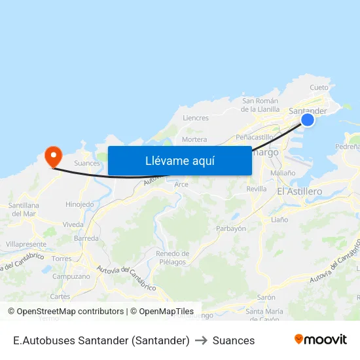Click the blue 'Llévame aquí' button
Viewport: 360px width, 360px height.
pos(179,160)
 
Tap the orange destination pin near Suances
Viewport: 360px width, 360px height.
pos(52,156)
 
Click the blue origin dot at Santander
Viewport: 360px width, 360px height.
pos(307,119)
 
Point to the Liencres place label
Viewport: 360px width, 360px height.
pos(196,118)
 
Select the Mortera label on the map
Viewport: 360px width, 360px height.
pos(194,139)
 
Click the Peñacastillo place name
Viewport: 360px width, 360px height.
pos(255,137)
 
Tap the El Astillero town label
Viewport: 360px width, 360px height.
pos(299,191)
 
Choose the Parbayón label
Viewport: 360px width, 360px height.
pos(231,228)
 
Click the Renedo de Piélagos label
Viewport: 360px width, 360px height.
pos(173,258)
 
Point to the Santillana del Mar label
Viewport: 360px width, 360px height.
pos(23,209)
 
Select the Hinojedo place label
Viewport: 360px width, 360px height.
pos(80,204)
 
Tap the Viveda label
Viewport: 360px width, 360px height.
pos(73,225)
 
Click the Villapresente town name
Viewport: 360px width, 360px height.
pos(26,244)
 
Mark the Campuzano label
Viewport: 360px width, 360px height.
pos(71,276)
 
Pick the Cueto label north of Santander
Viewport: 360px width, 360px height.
pos(319,87)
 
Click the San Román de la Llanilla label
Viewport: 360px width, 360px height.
pos(261,105)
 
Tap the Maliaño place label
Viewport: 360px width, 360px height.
pos(283,173)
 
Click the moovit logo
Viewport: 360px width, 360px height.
pos(321,339)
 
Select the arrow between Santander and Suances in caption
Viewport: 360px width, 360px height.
pos(201,340)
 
